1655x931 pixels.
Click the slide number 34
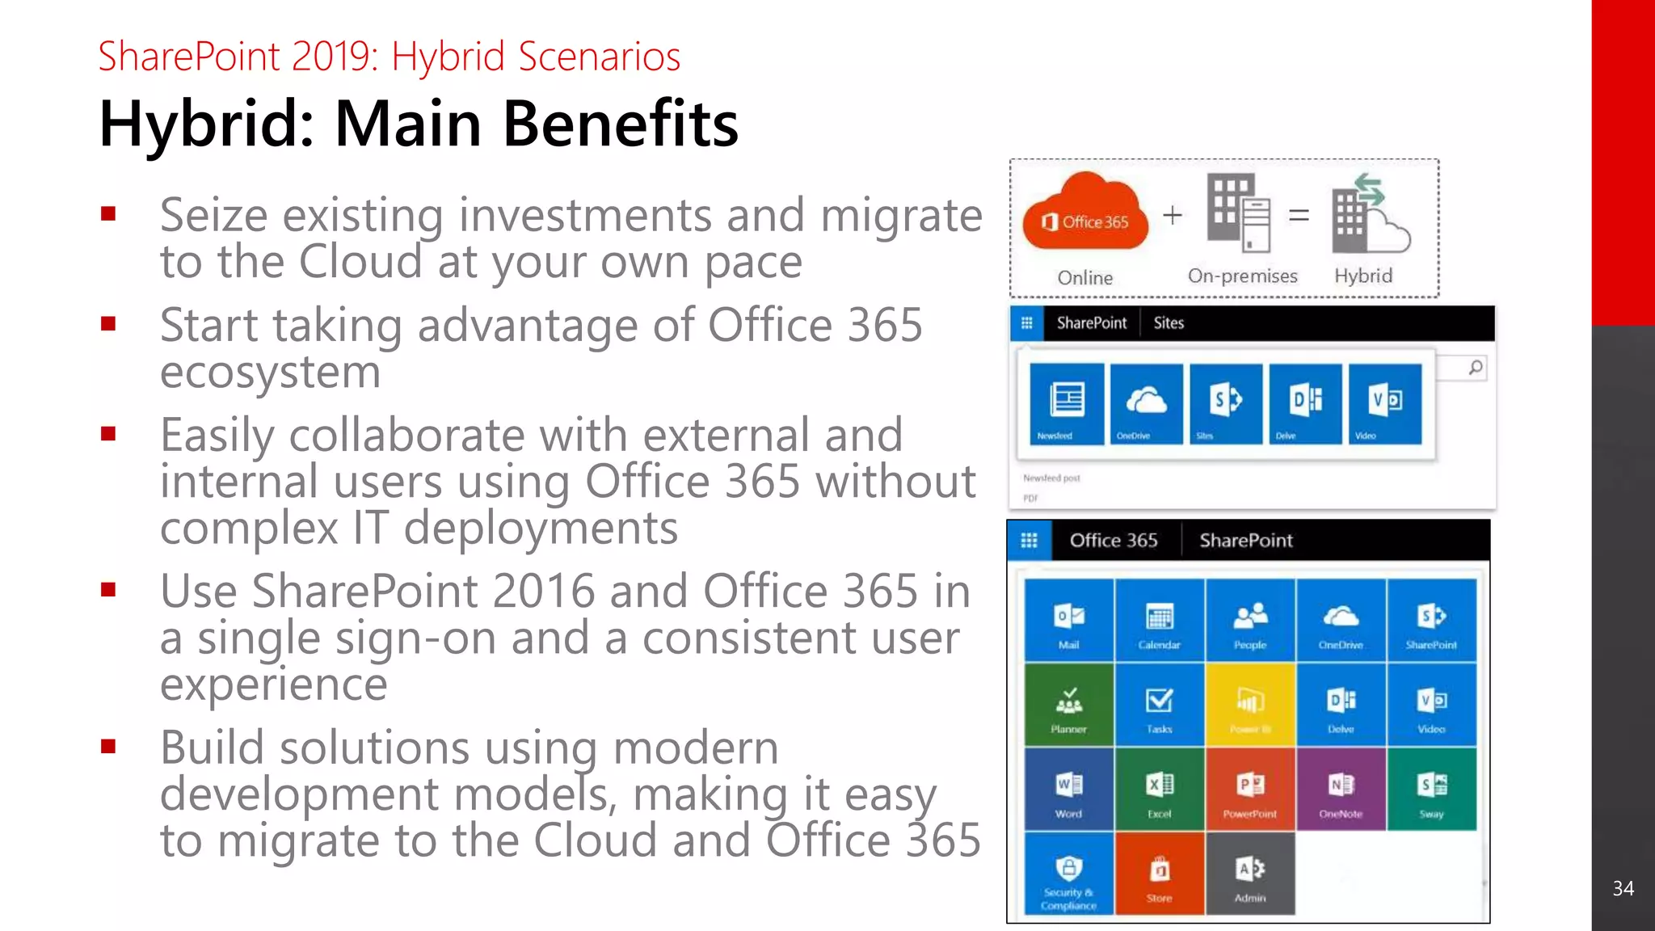tap(1623, 888)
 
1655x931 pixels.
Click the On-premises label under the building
tap(1242, 276)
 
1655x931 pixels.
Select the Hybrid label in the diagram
tap(1363, 276)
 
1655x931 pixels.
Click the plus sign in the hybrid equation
tap(1173, 215)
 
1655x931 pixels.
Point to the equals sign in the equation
tap(1299, 215)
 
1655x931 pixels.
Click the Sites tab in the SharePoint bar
tap(1169, 323)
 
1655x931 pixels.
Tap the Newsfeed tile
tap(1067, 403)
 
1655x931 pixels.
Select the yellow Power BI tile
tap(1250, 705)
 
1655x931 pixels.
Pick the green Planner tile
tap(1068, 705)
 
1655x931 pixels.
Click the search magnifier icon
tap(1476, 368)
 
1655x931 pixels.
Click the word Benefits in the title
tap(620, 124)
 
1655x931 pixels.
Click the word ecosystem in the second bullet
tap(270, 372)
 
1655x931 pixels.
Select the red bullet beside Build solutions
tap(109, 746)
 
